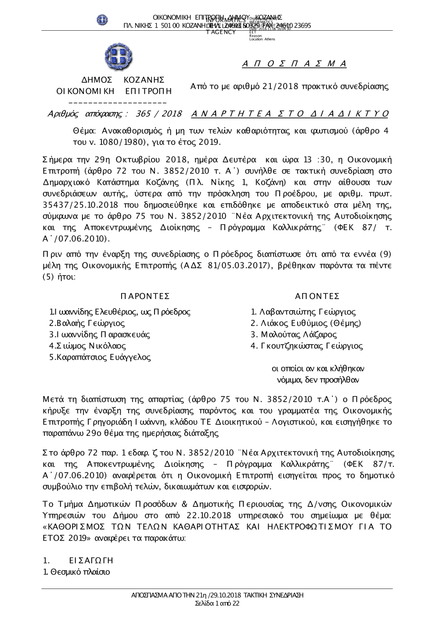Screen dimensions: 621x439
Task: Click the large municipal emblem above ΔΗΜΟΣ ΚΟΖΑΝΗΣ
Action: (119, 58)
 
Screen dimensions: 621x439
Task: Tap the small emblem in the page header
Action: (102, 20)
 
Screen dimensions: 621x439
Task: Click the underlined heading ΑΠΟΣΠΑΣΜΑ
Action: (294, 64)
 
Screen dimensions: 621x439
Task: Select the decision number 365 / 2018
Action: (159, 114)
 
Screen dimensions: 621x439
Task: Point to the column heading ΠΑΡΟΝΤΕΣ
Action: (144, 296)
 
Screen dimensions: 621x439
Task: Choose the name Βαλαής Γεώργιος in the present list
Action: (87, 323)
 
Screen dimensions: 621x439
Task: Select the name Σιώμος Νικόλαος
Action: (88, 346)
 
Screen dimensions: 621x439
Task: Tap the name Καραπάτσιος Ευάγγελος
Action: (100, 357)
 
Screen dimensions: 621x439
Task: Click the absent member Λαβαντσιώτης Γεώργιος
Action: (303, 312)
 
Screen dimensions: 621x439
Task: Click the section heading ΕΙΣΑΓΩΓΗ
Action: (91, 560)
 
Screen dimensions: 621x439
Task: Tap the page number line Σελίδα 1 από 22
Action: (217, 603)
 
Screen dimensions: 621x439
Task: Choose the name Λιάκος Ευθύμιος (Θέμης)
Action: (306, 323)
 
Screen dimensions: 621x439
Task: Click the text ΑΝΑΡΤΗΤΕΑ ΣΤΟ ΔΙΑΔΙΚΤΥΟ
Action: (290, 114)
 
